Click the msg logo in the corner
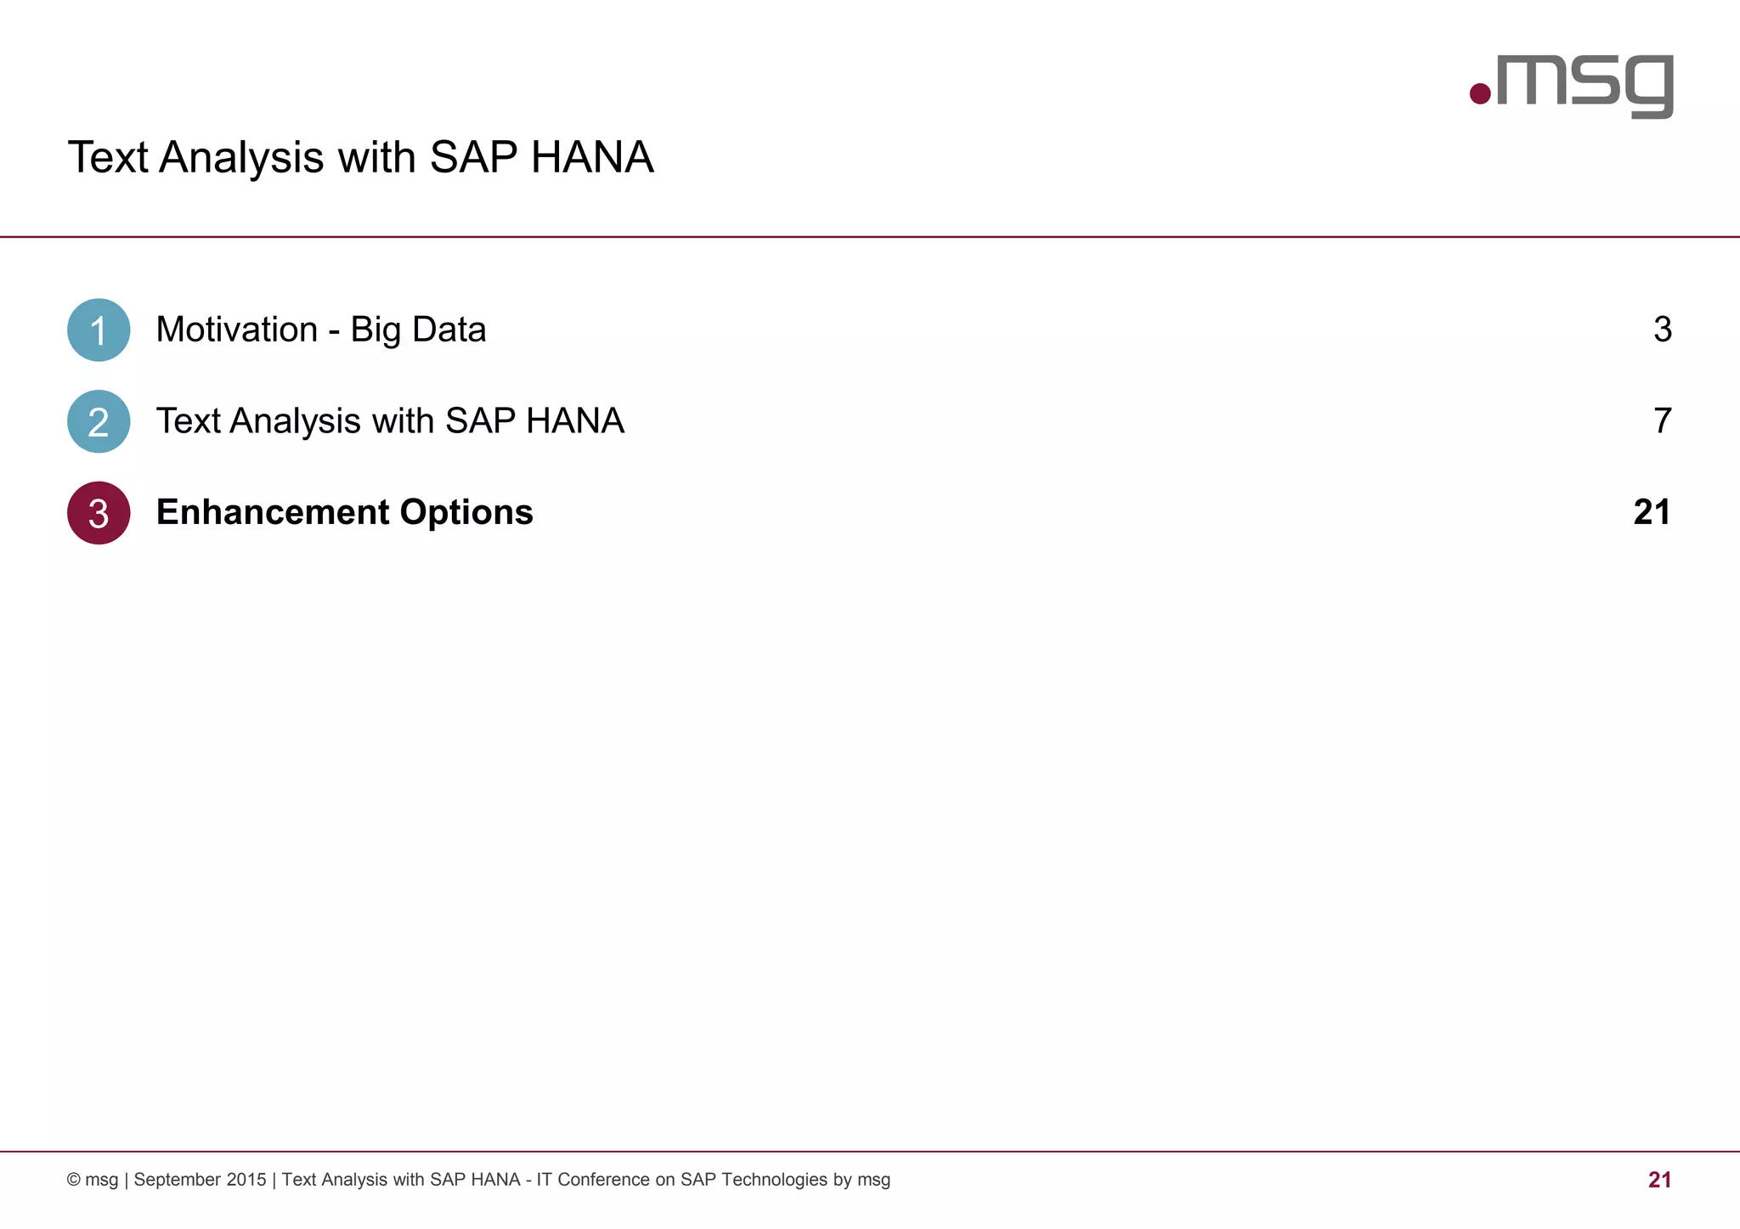coord(1572,85)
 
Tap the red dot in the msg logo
coord(1480,93)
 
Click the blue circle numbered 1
coord(99,330)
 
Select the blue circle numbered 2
coord(99,421)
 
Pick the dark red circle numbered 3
coord(99,513)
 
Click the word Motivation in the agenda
coord(237,330)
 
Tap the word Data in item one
coord(449,330)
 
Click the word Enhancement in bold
coord(273,512)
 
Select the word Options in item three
coord(466,512)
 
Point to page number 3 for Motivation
coord(1662,330)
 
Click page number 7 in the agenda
coord(1662,421)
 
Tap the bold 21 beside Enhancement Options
coord(1652,512)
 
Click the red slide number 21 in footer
coord(1659,1180)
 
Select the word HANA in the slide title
coord(592,157)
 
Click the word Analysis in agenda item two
coord(296,421)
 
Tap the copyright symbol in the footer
coord(74,1180)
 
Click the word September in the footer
coord(177,1180)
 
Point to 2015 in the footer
coord(246,1180)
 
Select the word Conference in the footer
coord(603,1180)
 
